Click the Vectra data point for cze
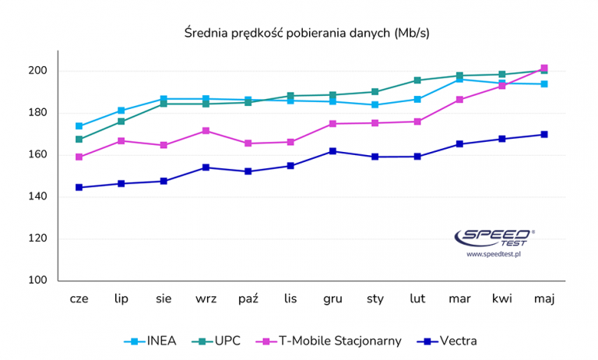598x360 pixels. click(79, 187)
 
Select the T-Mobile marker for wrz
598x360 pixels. click(206, 131)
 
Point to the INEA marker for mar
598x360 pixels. click(459, 79)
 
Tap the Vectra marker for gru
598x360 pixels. click(332, 151)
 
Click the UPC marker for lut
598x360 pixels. click(417, 80)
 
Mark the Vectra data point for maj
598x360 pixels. click(544, 134)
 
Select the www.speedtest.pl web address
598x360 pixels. click(493, 254)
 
